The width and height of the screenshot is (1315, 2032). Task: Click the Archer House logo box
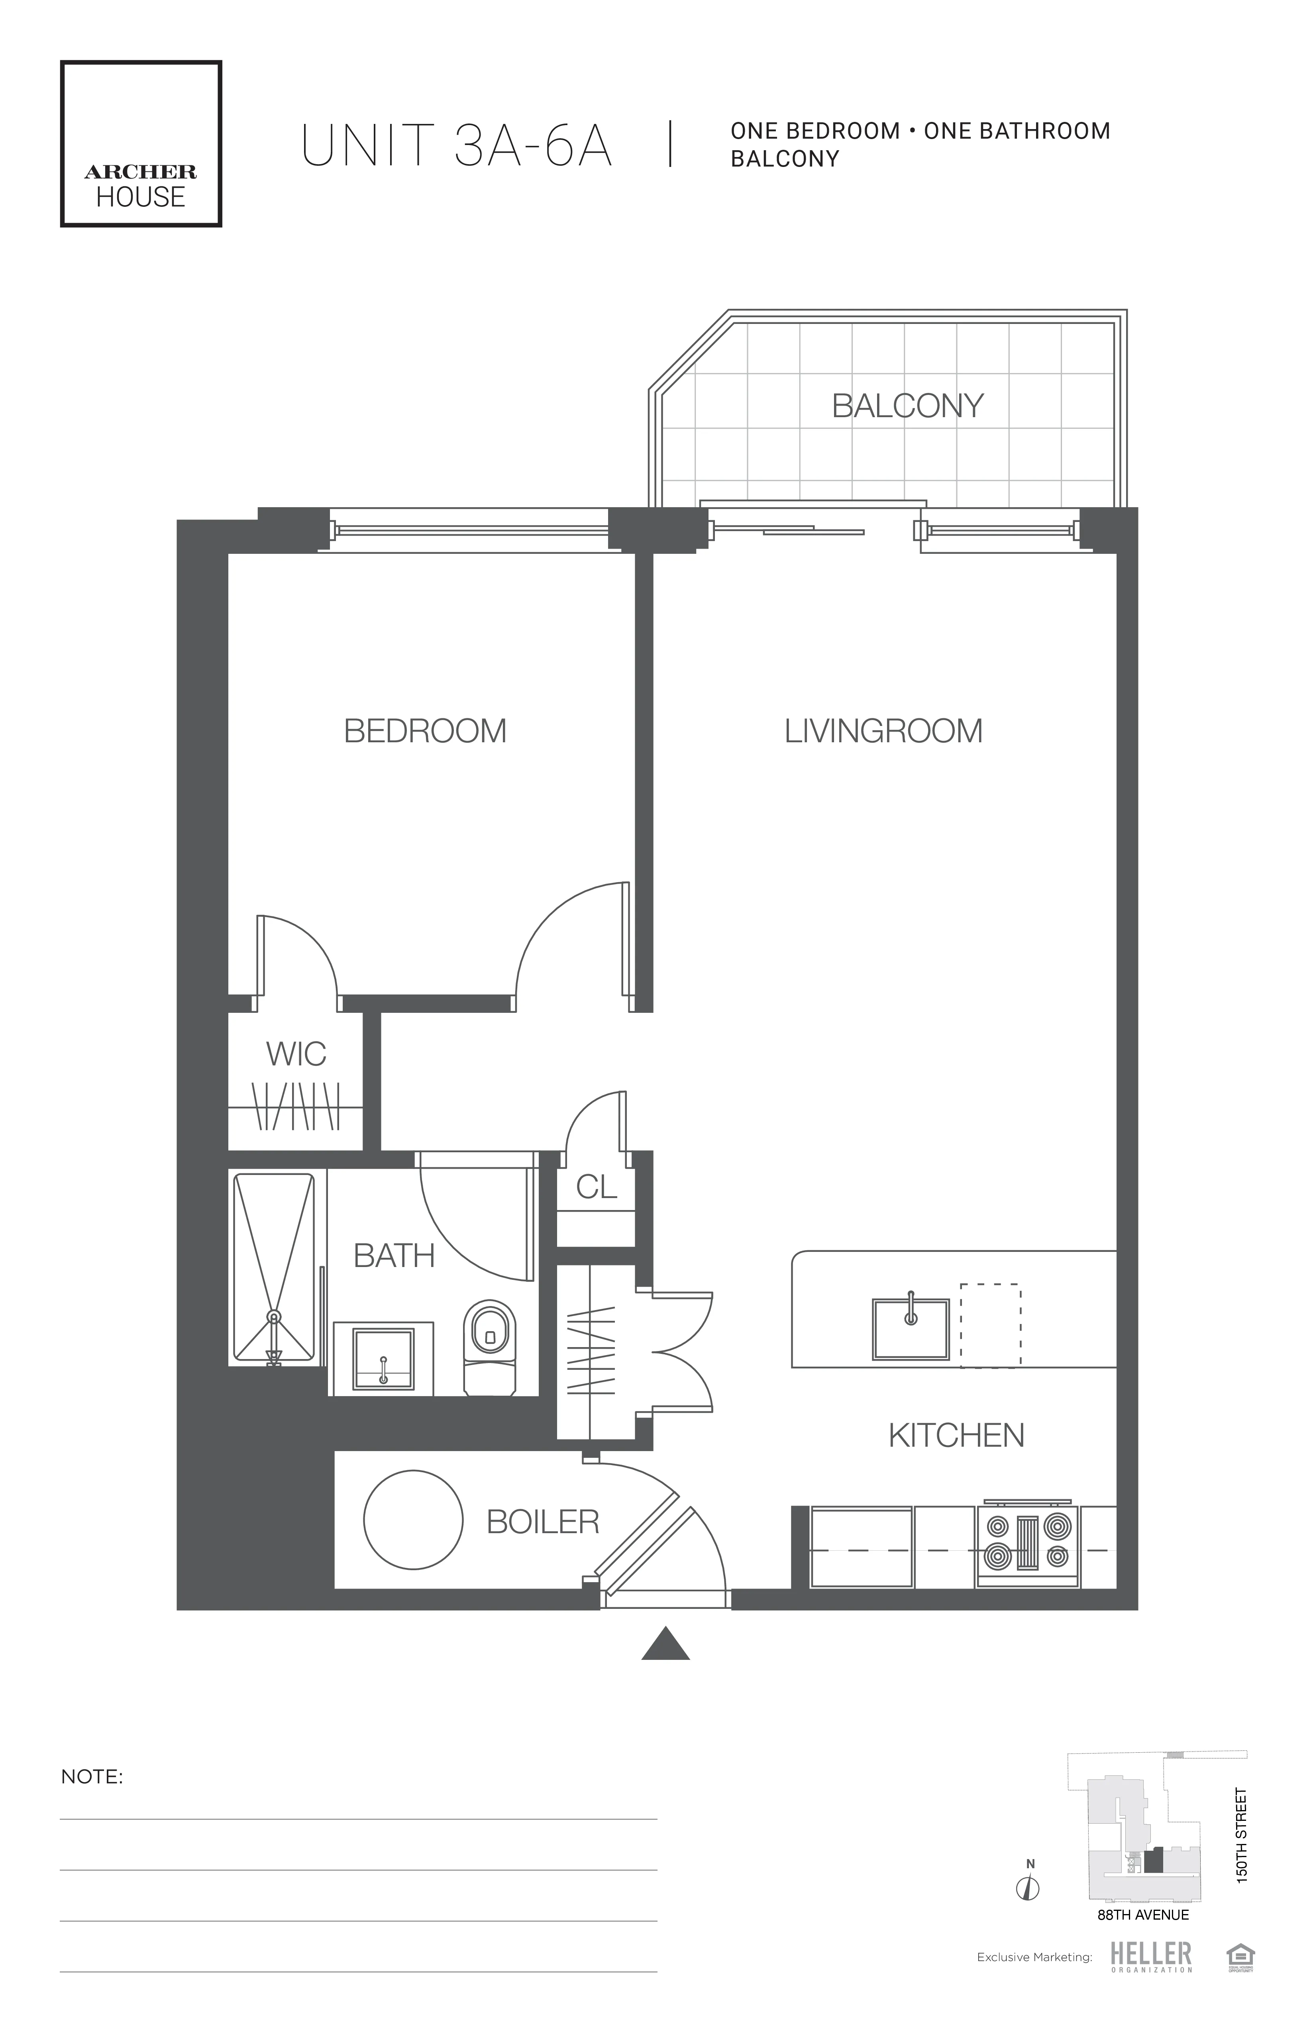[x=141, y=143]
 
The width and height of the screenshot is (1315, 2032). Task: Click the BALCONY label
[x=908, y=406]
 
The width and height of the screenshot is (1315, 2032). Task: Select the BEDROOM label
[x=424, y=732]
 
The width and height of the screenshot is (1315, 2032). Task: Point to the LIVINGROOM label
[x=883, y=732]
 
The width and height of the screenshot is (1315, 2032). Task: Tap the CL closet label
[x=596, y=1187]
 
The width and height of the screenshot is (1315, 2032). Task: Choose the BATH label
[x=394, y=1256]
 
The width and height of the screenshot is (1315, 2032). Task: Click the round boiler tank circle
[x=413, y=1520]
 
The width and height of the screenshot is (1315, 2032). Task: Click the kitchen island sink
[x=910, y=1328]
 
